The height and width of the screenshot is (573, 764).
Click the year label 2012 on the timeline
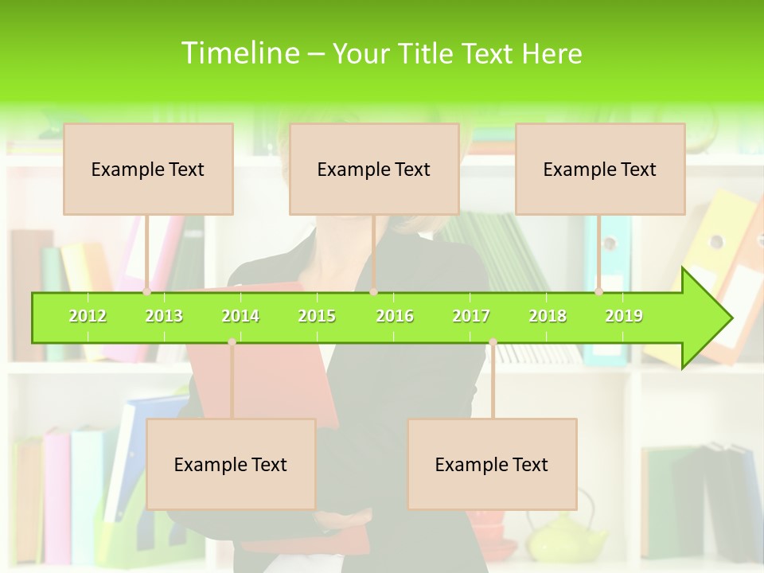tap(88, 316)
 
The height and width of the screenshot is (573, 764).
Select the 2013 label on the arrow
tap(164, 316)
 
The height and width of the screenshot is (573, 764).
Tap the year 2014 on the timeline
tap(240, 316)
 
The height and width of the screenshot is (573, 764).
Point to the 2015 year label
tap(317, 316)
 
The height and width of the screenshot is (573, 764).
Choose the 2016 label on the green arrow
tap(395, 316)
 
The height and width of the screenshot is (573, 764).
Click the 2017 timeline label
tap(471, 316)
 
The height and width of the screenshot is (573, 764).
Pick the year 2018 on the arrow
tap(548, 316)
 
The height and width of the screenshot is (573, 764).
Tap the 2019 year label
tap(624, 316)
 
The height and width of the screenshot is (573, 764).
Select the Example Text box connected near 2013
tap(148, 169)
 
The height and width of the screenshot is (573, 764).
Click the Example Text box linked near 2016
tap(374, 169)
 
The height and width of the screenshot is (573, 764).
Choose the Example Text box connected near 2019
tap(600, 169)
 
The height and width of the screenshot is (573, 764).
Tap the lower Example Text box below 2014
tap(231, 464)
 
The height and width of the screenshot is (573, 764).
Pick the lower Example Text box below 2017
tap(492, 464)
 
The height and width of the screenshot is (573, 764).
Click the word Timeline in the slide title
tap(239, 53)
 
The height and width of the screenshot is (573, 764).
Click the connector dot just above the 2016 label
tap(374, 292)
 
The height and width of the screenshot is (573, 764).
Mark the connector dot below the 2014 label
tap(232, 342)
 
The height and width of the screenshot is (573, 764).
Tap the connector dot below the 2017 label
tap(493, 342)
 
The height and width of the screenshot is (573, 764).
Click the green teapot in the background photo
tap(567, 537)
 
